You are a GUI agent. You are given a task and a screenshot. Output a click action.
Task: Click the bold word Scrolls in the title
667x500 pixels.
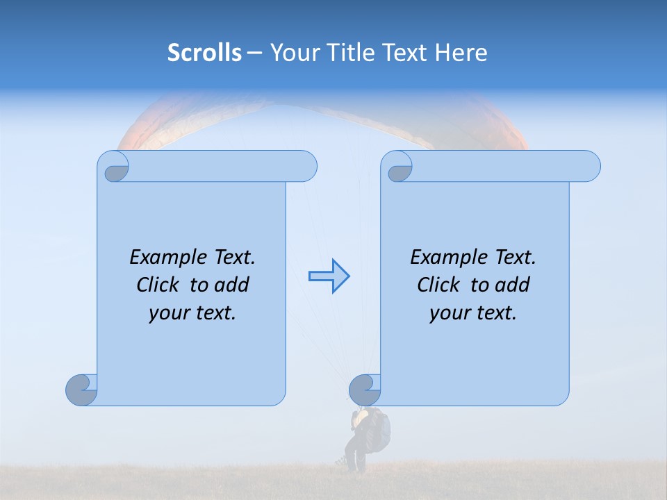point(205,53)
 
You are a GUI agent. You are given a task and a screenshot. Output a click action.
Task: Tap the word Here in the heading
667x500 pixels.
point(461,53)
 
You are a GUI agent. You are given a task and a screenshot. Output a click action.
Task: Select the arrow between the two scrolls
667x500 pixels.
point(329,276)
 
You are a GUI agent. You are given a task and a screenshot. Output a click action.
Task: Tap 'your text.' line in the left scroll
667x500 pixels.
point(192,313)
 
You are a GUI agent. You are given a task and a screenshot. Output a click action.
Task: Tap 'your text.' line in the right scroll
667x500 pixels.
point(473,313)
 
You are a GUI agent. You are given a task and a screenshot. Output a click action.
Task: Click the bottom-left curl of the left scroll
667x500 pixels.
point(81,390)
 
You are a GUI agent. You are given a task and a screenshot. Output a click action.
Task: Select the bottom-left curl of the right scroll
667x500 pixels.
point(364,390)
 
